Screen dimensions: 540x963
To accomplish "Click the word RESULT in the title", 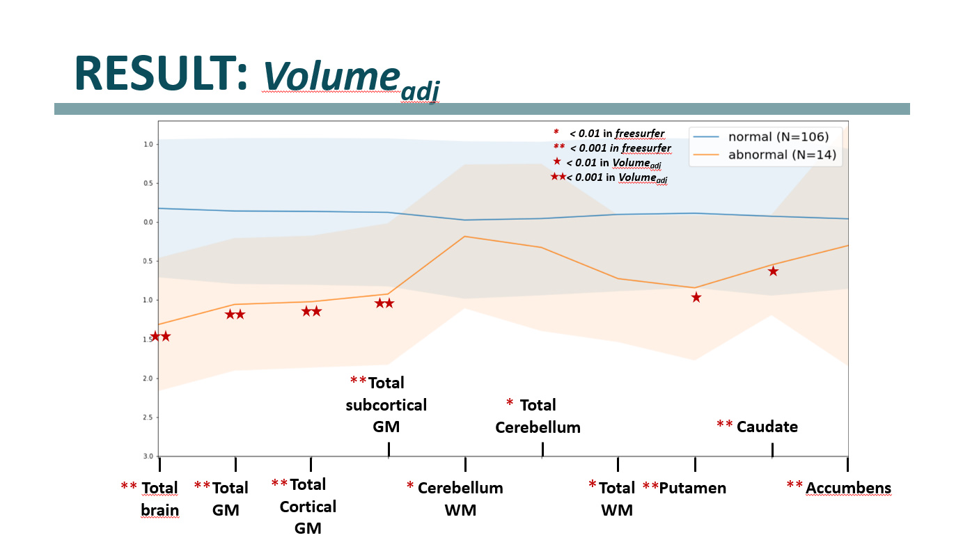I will coord(161,72).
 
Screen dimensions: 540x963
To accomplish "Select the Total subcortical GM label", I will coord(386,404).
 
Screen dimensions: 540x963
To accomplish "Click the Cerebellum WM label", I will coord(460,499).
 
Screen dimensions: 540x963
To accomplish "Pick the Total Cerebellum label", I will coord(538,416).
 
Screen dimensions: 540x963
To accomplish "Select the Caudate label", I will coord(767,427).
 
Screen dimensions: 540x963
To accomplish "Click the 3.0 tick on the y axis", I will coord(148,456).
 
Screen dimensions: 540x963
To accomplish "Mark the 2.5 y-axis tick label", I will coord(148,418).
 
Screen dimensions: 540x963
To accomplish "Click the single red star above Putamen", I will coord(696,298).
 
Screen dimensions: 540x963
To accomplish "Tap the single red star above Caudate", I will coord(773,271).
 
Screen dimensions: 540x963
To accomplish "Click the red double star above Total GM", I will coord(235,315).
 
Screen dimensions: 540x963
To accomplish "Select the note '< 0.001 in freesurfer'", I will coord(620,148).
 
